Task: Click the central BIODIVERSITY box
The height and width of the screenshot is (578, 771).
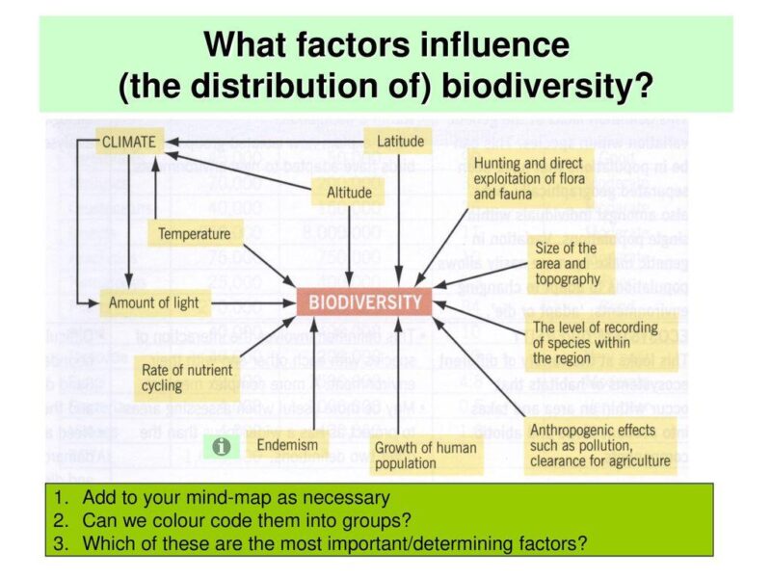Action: click(x=364, y=302)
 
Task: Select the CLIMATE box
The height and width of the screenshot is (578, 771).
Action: click(x=128, y=142)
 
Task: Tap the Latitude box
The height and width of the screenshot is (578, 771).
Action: click(x=400, y=142)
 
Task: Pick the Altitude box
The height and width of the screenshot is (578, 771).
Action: click(x=349, y=193)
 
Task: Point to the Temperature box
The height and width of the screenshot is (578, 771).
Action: click(x=194, y=233)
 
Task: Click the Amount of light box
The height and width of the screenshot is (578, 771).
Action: click(x=153, y=302)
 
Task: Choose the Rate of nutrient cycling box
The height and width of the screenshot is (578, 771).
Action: click(x=187, y=378)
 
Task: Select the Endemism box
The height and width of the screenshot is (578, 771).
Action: click(x=286, y=446)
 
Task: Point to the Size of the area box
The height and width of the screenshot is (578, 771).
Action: click(x=567, y=264)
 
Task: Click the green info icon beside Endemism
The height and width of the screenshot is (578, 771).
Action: click(x=222, y=447)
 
